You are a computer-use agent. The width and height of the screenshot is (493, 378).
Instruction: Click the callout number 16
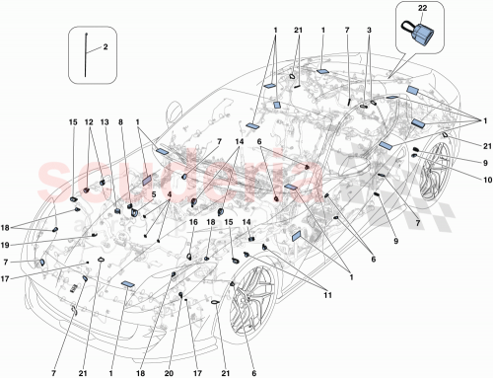[x=194, y=224]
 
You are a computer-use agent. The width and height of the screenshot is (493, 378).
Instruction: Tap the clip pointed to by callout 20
[x=181, y=294]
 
